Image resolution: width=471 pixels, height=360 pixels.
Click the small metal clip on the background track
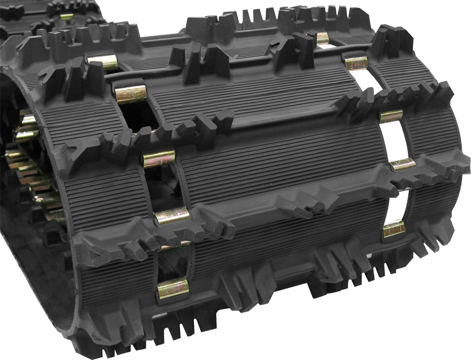pos(66,17)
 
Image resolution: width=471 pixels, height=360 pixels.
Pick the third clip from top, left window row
pos(159,159)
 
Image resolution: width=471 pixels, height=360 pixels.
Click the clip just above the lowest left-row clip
pos(172,215)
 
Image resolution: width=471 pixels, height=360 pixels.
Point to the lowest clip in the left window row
pos(173,288)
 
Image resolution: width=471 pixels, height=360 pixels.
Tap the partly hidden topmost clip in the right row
pos(323,38)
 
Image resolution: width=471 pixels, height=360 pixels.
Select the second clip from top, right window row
pos(357,63)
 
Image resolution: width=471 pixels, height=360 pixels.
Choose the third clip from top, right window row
pos(391,116)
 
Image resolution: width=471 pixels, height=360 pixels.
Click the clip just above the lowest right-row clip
pos(403,164)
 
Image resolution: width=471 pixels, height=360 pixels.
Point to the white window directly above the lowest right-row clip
pos(398,198)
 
